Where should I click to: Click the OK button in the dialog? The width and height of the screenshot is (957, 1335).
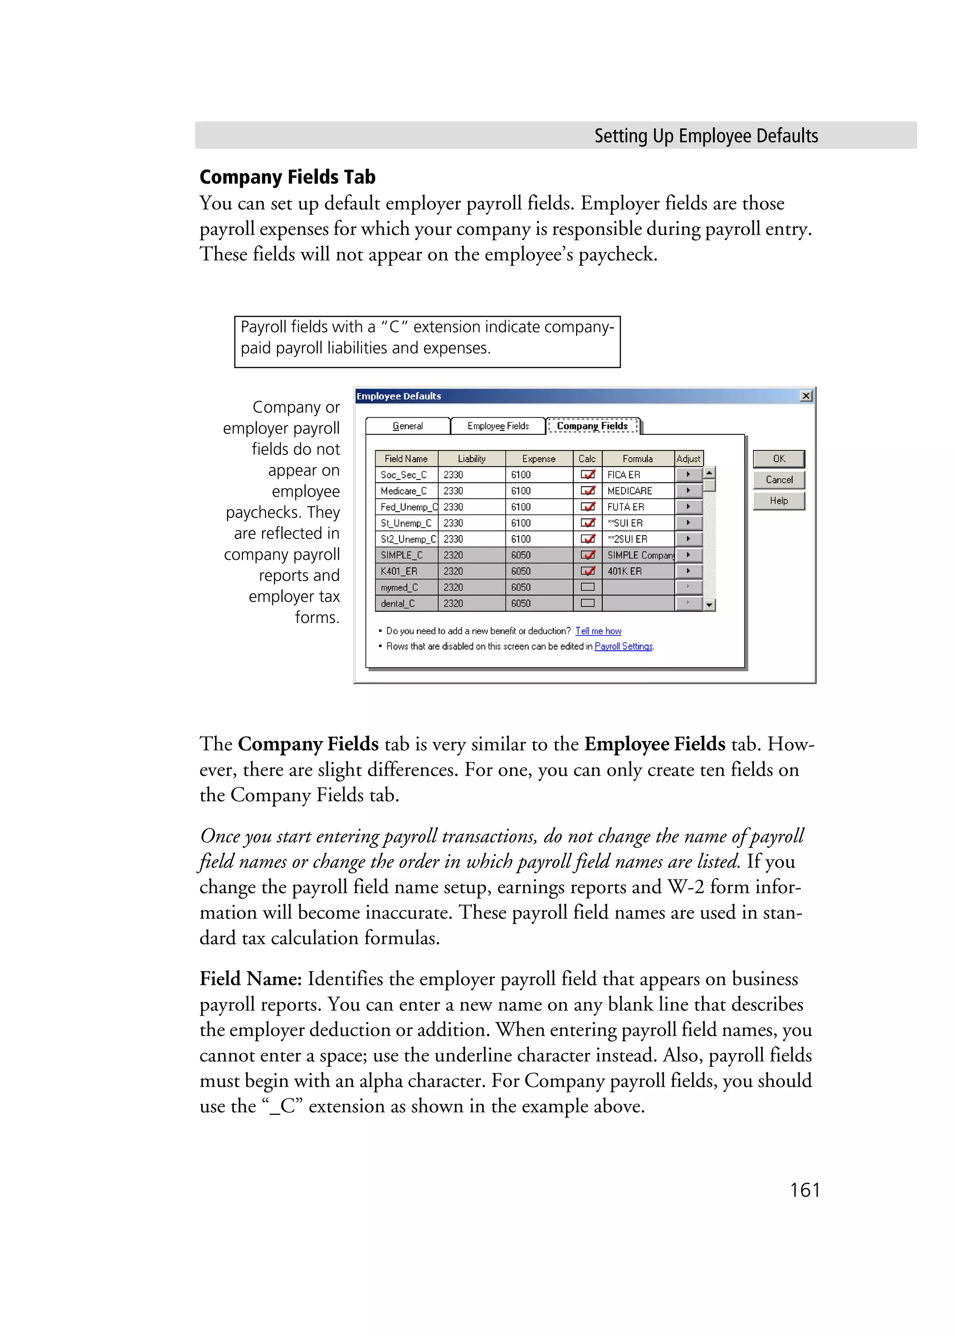tap(778, 459)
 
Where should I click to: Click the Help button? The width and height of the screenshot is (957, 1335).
tap(778, 500)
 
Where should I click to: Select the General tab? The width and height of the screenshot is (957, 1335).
tap(407, 425)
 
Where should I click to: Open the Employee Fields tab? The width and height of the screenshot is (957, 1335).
tap(498, 425)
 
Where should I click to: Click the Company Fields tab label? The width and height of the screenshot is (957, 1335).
tap(592, 425)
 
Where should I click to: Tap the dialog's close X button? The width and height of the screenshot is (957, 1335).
tap(806, 396)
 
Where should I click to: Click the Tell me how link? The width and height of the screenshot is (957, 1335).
tap(598, 630)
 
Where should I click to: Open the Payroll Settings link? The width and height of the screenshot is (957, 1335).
tap(623, 646)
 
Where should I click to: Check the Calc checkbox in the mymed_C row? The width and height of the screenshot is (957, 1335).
tap(587, 587)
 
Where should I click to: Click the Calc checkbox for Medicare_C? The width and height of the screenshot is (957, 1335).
tap(587, 490)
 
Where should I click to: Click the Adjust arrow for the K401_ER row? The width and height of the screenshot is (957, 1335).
tap(688, 571)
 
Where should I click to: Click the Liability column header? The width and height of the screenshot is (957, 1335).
tap(471, 459)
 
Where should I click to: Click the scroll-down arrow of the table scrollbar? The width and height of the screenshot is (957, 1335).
tap(710, 605)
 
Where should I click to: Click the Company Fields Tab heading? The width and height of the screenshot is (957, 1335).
tap(287, 177)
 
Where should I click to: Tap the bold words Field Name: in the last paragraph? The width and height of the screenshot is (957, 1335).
tap(250, 979)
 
